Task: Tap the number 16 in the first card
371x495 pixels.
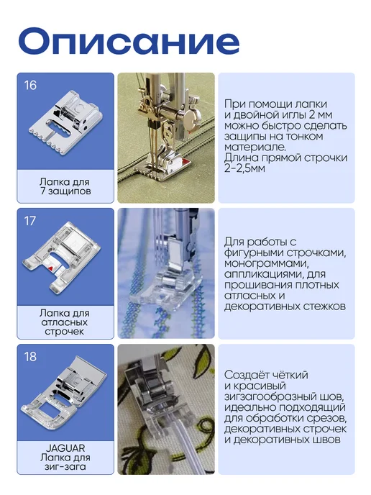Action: (x=30, y=85)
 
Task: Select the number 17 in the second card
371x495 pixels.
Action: (x=30, y=221)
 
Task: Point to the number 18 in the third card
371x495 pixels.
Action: (x=30, y=357)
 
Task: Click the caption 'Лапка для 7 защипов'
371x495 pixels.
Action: (x=65, y=186)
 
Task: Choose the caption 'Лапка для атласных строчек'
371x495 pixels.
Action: (x=65, y=322)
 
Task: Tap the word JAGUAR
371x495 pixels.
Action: (x=65, y=448)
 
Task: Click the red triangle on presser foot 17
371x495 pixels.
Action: (x=50, y=268)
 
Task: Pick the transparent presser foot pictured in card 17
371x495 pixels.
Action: (x=62, y=255)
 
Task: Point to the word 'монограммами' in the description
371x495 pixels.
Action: (x=266, y=264)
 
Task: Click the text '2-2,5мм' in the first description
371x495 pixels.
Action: (x=244, y=168)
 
